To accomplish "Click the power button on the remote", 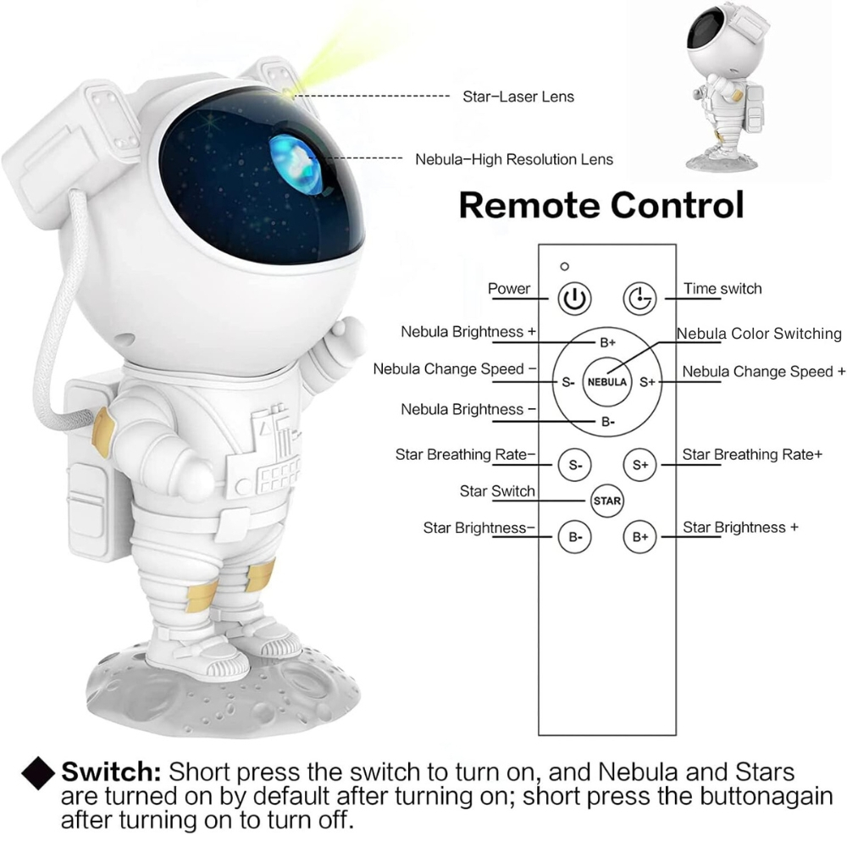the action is [574, 298].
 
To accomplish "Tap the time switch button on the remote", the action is [639, 298].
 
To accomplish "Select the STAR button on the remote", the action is [607, 501].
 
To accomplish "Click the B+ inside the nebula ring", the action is [607, 342].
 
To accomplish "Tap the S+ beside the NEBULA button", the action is [647, 383].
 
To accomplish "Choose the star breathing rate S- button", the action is [575, 464].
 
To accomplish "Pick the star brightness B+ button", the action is [640, 537].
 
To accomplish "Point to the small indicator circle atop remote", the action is [564, 266].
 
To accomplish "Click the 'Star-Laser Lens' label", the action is [518, 97].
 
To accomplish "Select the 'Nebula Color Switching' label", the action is [759, 334].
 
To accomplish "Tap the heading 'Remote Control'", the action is [601, 205].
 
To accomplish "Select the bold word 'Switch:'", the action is [111, 772].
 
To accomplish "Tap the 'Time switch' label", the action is [722, 289].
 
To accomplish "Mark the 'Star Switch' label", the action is [497, 491].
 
